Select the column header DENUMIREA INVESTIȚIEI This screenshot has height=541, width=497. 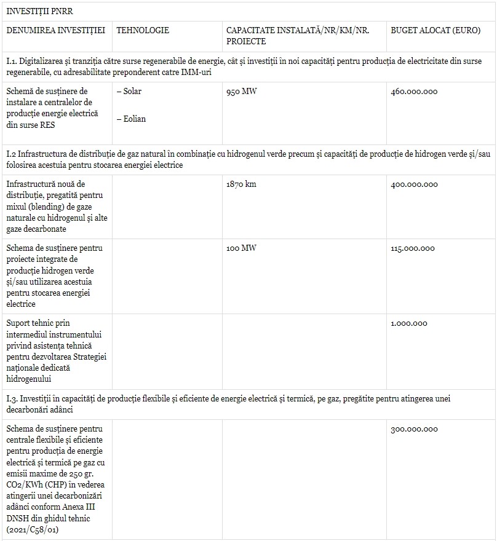pos(56,30)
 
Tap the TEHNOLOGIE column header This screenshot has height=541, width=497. pos(142,30)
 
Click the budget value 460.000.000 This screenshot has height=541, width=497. pos(414,92)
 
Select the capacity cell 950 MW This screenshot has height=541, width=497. pos(242,92)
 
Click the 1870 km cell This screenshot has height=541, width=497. pos(241,184)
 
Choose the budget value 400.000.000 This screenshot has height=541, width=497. pos(414,184)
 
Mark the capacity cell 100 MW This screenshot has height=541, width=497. pos(241,248)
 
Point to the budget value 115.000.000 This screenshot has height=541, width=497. pos(412,248)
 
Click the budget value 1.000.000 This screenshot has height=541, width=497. pos(408,323)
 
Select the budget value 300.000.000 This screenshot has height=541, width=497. pos(414,429)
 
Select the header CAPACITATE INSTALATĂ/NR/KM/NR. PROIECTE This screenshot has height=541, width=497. pos(298,36)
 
